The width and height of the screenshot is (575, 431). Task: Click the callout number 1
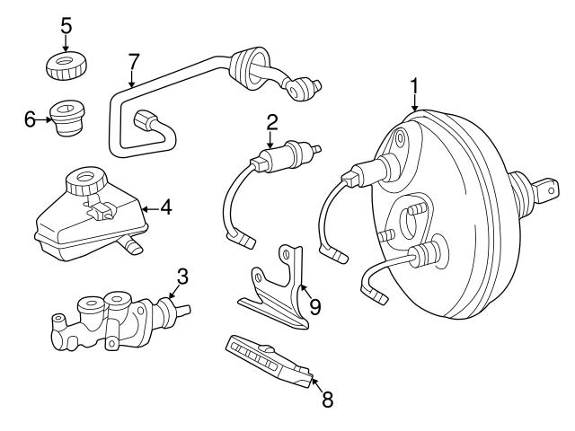414,87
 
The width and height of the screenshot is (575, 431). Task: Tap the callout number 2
270,122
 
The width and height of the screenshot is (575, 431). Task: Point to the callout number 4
166,208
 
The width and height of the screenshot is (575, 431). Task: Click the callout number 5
66,25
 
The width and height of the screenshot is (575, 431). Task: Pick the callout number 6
31,118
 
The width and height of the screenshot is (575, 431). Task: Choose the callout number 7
134,61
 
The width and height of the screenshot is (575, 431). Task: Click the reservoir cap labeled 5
66,65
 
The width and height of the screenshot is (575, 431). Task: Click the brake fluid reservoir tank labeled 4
85,224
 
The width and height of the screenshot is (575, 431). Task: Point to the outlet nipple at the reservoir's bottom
133,245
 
